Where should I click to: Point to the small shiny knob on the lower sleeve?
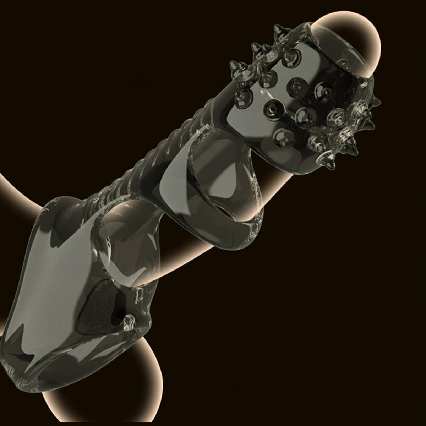[127, 321]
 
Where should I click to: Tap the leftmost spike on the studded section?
[233, 64]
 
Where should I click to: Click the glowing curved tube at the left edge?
[14, 185]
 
